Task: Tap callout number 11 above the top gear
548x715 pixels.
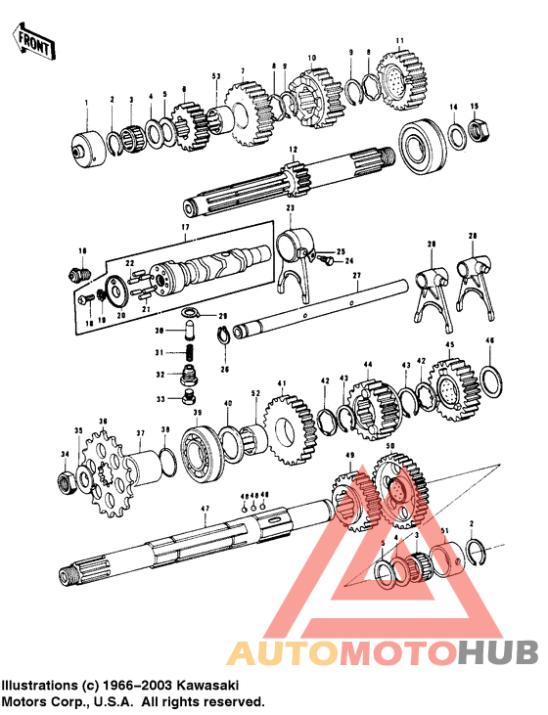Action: click(x=398, y=40)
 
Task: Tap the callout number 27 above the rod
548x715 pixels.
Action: click(x=356, y=276)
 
